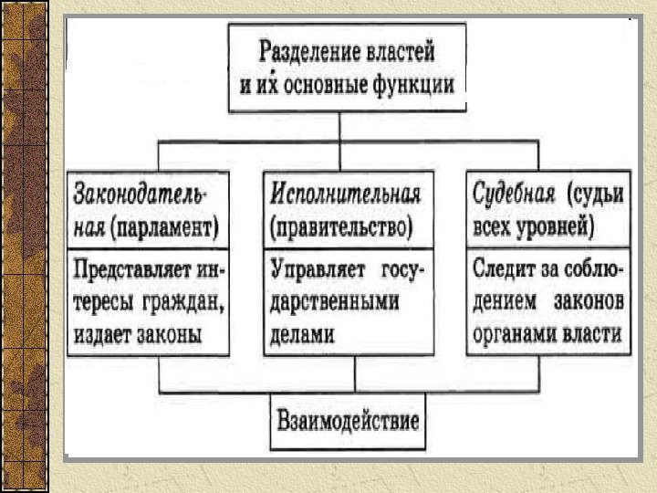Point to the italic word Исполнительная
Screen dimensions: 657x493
click(x=345, y=194)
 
